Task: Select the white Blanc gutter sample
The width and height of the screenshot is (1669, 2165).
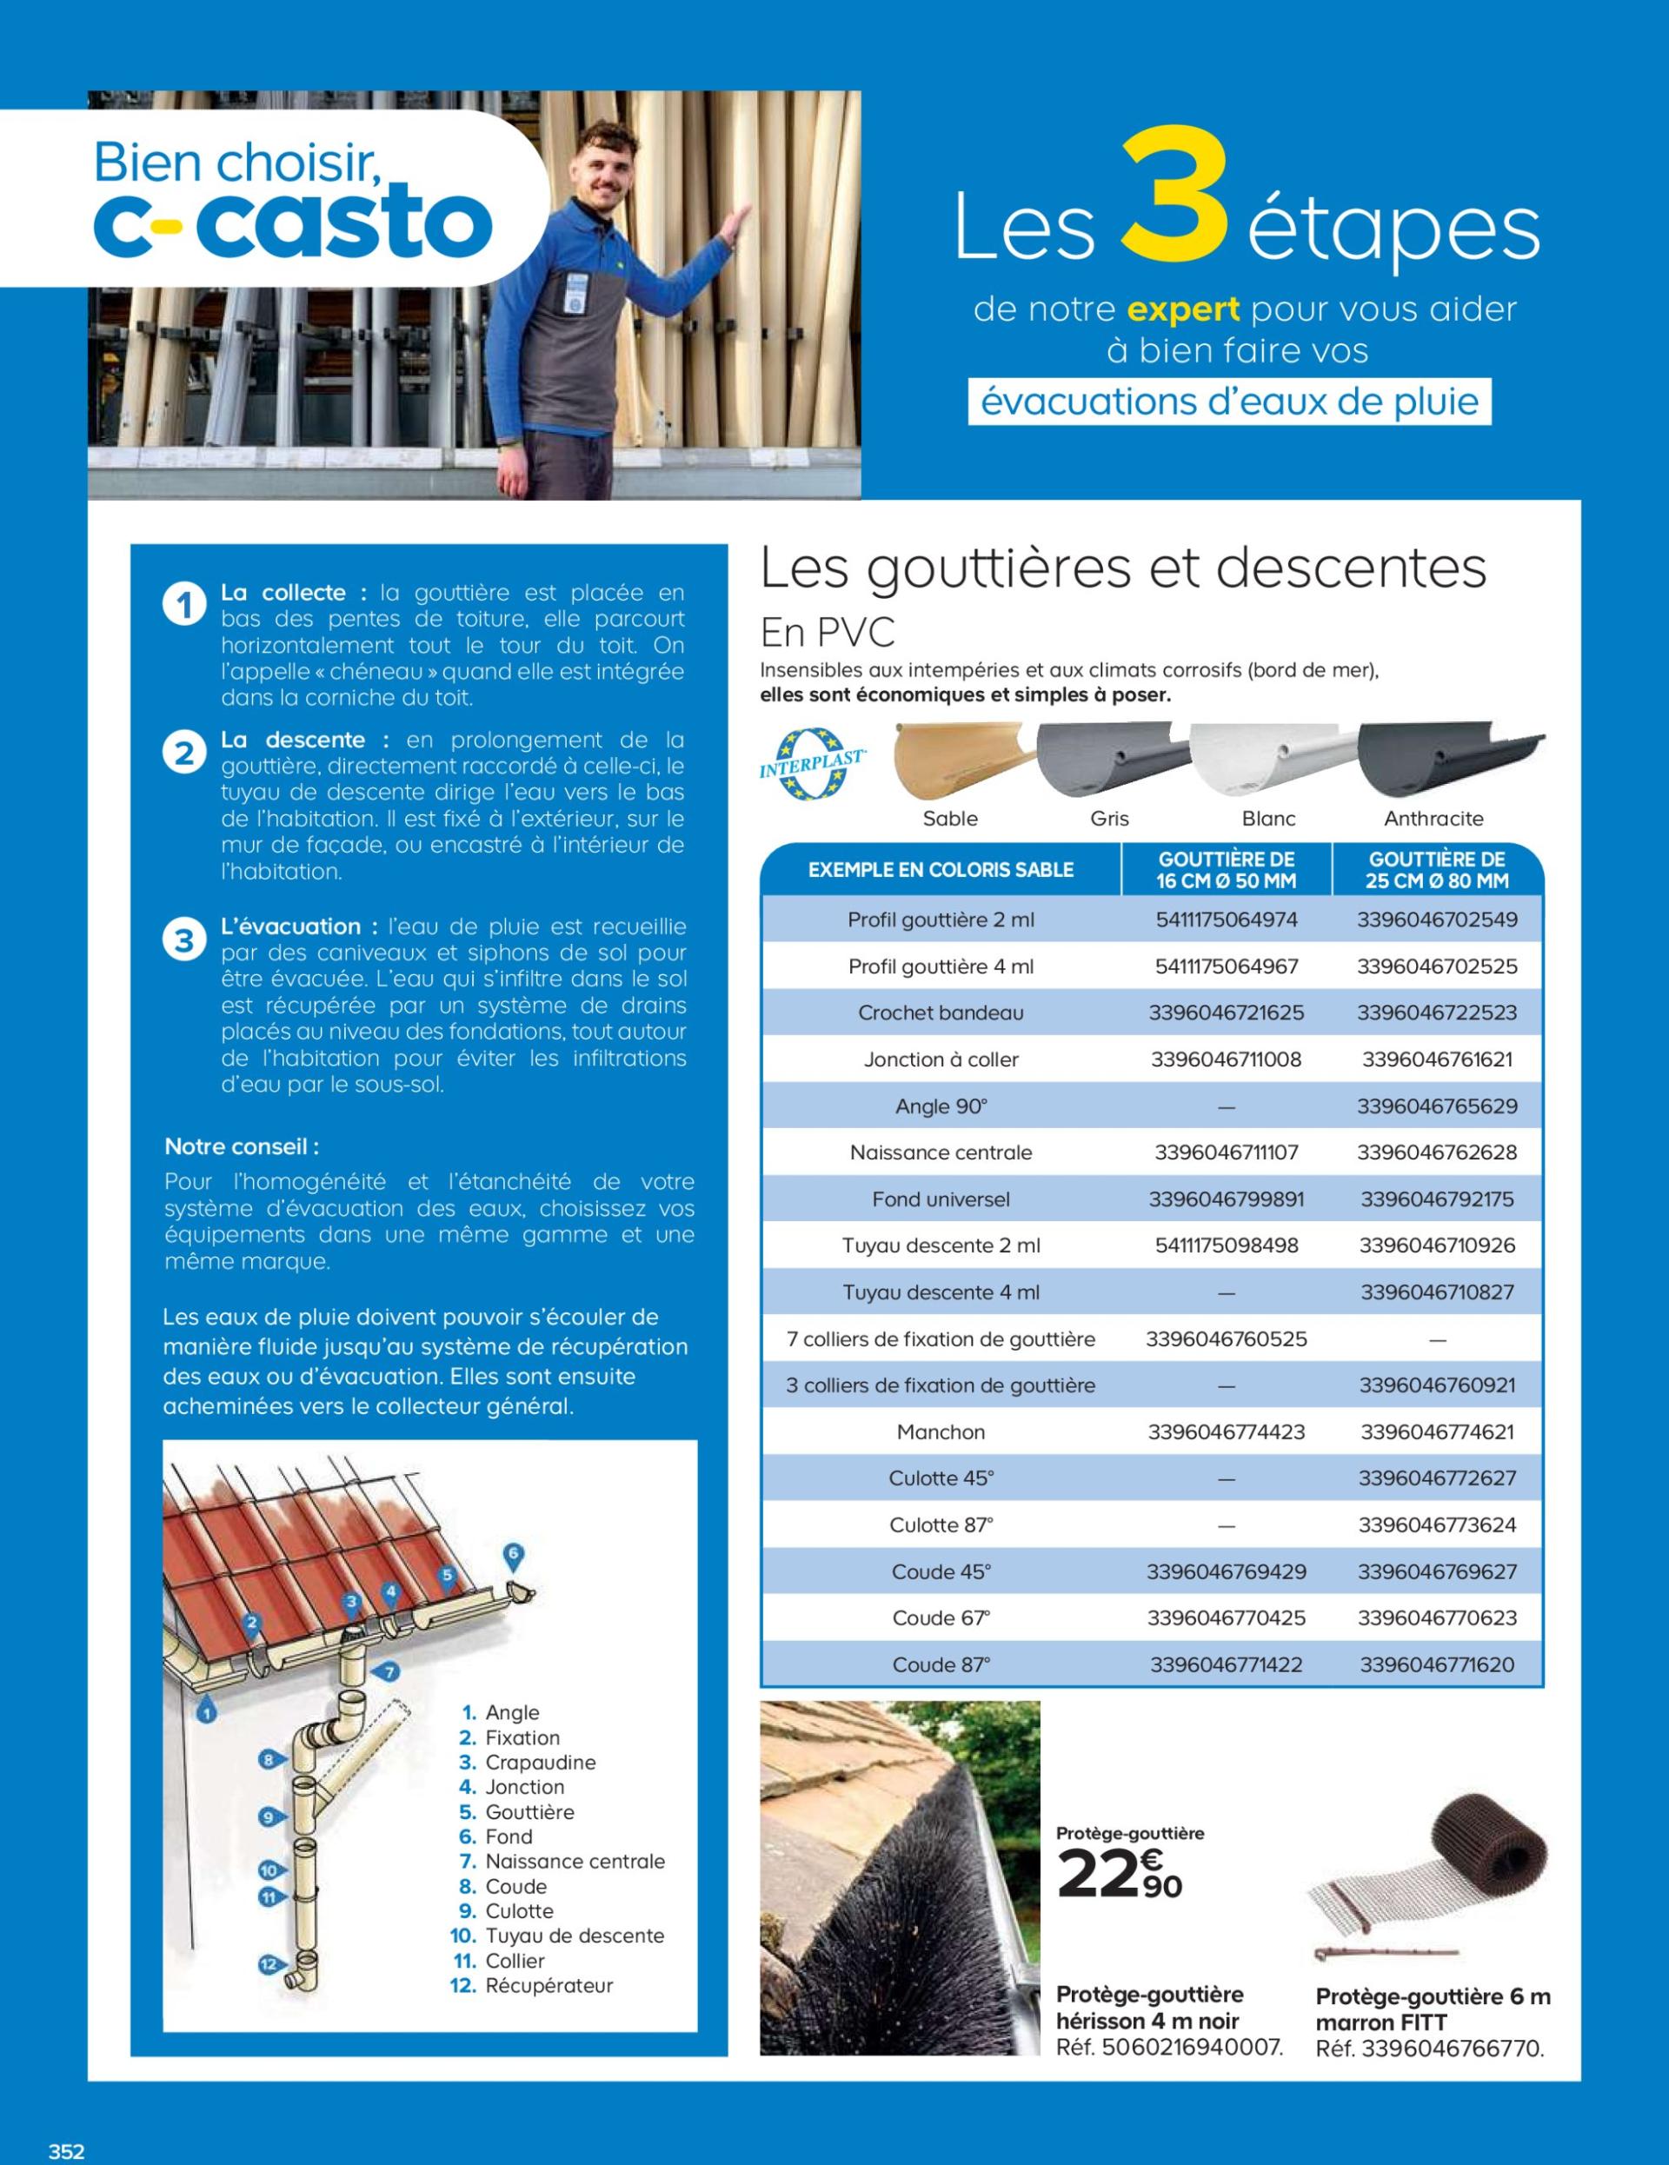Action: click(1270, 762)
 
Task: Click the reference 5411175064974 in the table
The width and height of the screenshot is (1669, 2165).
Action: click(1226, 920)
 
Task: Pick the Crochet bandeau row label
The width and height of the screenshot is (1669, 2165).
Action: click(940, 1013)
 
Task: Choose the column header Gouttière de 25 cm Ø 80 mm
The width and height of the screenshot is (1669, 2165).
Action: click(1436, 870)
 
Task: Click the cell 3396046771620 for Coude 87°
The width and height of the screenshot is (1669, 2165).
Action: click(1436, 1664)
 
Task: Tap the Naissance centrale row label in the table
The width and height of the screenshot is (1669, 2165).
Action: click(940, 1152)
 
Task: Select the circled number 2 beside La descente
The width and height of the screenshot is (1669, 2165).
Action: click(183, 754)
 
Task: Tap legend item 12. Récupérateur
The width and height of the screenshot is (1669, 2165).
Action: click(534, 1986)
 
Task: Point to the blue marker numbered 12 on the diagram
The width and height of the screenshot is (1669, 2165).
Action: click(268, 1962)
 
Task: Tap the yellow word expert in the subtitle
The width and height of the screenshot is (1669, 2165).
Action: click(1184, 310)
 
